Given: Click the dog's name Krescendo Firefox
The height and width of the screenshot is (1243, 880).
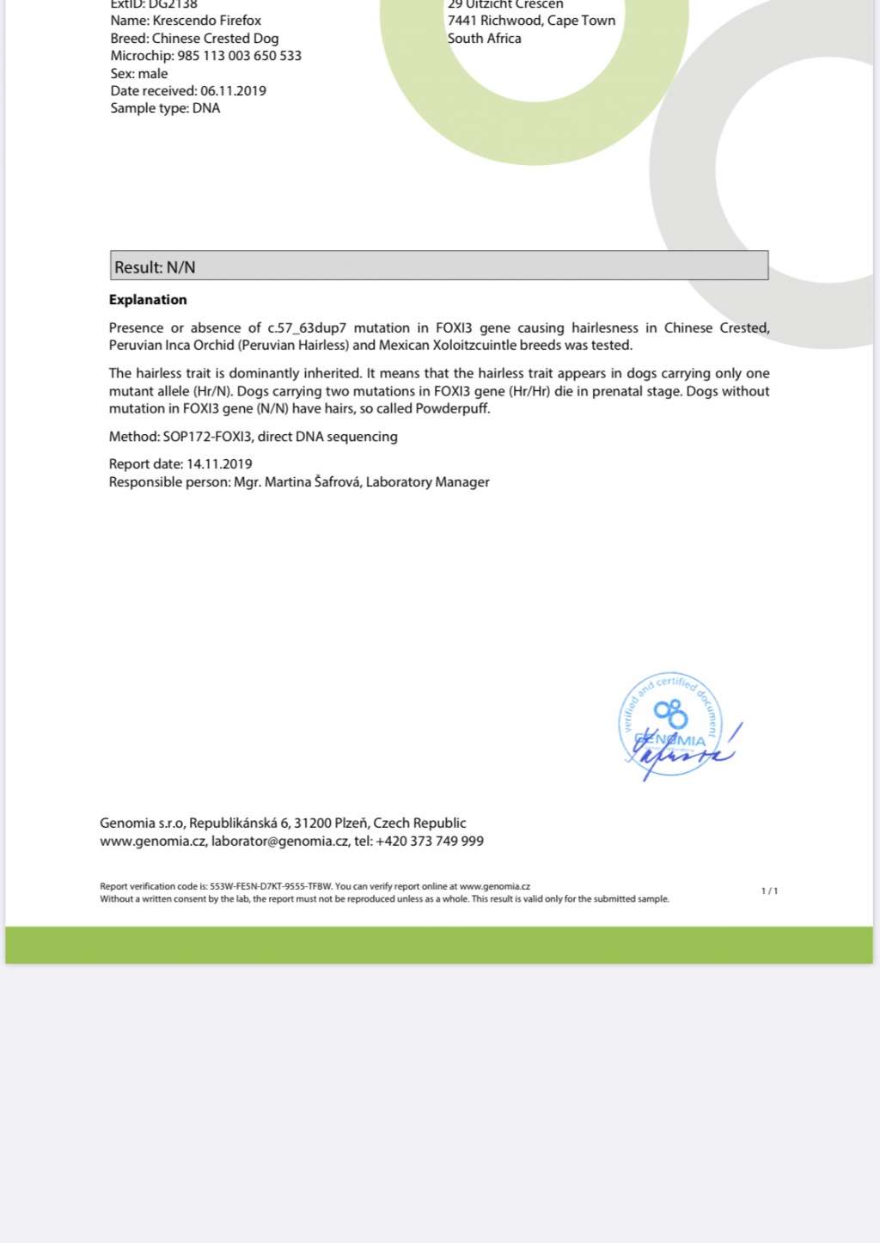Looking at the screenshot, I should pos(206,21).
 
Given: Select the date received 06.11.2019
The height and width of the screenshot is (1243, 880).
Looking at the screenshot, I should pos(233,91).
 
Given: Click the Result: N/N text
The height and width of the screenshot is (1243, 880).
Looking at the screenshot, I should pos(156,267).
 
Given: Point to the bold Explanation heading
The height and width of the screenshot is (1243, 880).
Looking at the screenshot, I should pos(148,300).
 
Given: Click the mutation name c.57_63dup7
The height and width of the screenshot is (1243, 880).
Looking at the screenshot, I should pos(307,328).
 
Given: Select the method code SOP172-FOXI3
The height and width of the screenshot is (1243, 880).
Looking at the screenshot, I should pos(208,437).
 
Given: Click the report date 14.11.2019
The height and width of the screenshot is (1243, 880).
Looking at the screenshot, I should pos(219,464).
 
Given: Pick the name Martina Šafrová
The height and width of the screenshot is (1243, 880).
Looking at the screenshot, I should pos(313,482).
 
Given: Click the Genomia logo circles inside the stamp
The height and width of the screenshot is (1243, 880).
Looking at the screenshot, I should pos(671,713).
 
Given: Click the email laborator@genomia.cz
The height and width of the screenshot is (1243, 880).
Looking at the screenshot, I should pos(279,842).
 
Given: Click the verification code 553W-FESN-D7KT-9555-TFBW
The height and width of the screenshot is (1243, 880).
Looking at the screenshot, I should pos(271,886).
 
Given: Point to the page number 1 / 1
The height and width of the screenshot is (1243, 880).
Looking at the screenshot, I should pos(769,891).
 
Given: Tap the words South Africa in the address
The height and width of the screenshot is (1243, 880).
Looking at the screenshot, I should pos(484,39).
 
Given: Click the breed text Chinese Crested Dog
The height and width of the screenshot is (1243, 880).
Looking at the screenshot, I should pos(215,39).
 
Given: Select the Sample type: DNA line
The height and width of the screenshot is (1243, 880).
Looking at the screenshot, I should pos(165,108).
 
